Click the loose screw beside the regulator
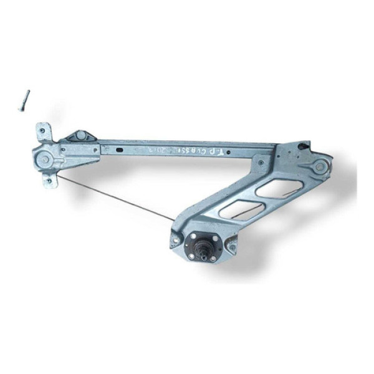coord(24,100)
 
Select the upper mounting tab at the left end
coord(43,132)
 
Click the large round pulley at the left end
coord(44,158)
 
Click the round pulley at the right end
coord(319,167)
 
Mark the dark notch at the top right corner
coord(304,146)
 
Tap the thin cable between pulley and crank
coord(115,198)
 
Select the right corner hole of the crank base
coord(233,246)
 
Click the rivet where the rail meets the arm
coord(261,163)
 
